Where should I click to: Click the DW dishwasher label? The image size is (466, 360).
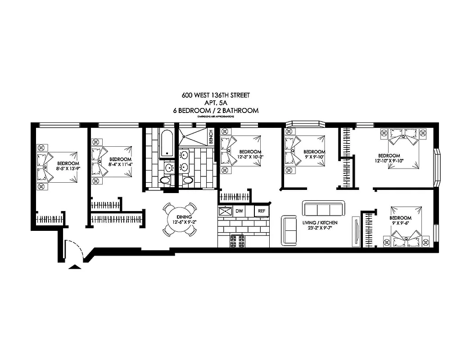pos(239,211)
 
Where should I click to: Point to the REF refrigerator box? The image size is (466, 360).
pos(262,211)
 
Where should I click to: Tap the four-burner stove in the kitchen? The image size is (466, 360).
pos(236,241)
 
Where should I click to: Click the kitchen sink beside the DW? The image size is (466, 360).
pos(224,211)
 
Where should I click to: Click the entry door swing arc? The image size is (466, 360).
pos(73,249)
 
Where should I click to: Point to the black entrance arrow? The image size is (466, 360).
pos(74,267)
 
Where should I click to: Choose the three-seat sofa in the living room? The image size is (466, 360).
pos(323,209)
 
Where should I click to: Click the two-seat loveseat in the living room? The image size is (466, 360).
pos(289,230)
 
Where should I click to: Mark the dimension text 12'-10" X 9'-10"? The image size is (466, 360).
pos(390,160)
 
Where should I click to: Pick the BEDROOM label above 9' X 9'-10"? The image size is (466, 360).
pos(314,152)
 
